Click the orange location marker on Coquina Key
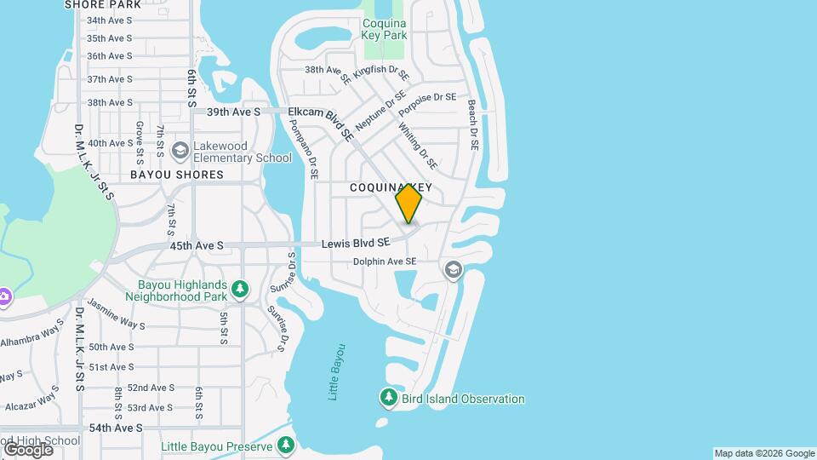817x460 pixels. tap(408, 204)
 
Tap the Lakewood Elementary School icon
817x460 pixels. tap(180, 151)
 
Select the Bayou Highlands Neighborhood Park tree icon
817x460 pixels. tap(241, 290)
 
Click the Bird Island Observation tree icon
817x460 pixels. tap(389, 398)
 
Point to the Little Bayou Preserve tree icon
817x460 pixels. tap(286, 446)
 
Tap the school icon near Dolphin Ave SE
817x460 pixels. tap(453, 270)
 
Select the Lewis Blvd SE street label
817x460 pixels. tap(355, 244)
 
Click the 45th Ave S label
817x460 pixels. tap(197, 245)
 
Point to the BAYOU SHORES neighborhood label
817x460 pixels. tap(177, 175)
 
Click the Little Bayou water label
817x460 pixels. tap(337, 371)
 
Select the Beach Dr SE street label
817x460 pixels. tap(474, 126)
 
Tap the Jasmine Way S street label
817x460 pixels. tap(117, 319)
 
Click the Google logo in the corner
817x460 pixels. tap(27, 448)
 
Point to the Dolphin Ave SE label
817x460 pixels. tap(385, 262)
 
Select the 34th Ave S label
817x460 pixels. tap(110, 20)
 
